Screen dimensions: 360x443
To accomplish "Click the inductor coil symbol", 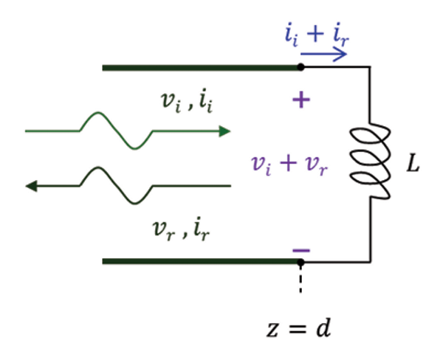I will point(370,163).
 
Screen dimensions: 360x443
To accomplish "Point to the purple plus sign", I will point(300,100).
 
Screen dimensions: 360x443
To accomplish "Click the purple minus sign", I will point(301,250).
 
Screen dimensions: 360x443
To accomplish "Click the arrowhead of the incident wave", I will point(223,131).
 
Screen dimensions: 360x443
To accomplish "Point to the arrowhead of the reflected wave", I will point(31,185).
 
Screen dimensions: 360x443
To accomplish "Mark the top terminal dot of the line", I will point(300,68).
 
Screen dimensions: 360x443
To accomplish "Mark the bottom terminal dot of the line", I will point(300,261).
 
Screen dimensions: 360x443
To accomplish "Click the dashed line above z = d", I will point(300,281).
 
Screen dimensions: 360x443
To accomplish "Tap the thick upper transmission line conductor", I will point(199,68).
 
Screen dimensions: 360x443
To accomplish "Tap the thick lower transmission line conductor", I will point(199,261).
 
